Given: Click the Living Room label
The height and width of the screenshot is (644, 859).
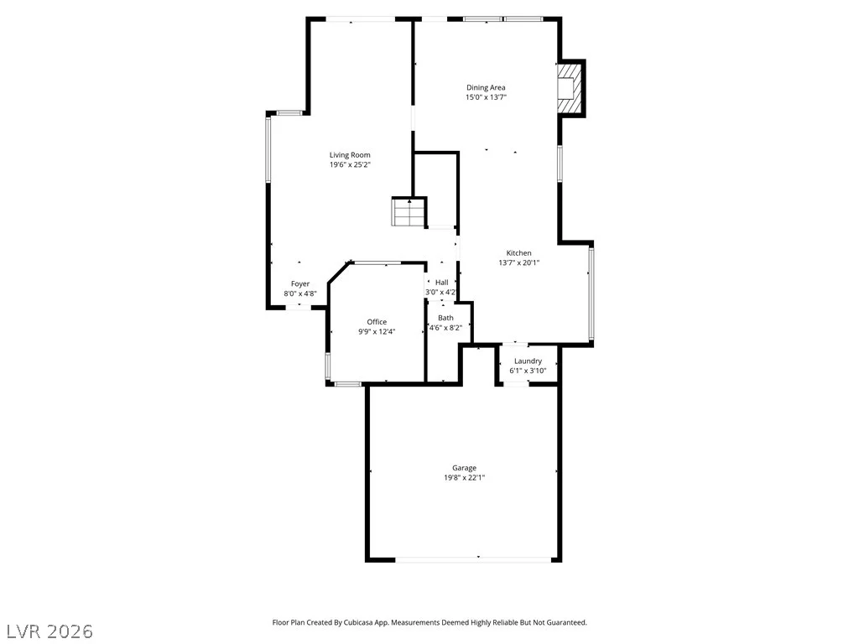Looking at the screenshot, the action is (350, 155).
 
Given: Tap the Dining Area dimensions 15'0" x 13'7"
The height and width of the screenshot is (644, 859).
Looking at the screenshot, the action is (486, 97).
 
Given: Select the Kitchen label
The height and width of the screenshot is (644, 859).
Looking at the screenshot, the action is (518, 253).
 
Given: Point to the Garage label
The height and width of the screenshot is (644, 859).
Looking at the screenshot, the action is (464, 468).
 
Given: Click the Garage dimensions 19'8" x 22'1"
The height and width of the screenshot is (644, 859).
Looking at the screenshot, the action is (465, 477).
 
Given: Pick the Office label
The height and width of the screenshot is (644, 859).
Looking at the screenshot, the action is (377, 322).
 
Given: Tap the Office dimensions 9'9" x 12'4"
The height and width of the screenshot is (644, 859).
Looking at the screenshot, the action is (377, 331).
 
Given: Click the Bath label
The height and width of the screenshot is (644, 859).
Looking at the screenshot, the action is (446, 318).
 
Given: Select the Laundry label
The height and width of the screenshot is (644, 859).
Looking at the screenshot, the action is (528, 361).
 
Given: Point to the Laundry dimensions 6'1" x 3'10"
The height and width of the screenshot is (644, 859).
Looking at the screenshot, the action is (528, 371).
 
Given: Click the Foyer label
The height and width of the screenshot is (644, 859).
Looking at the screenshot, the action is (300, 283).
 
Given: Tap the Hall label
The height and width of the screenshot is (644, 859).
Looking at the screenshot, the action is (441, 283).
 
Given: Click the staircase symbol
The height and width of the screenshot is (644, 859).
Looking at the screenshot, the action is (409, 212).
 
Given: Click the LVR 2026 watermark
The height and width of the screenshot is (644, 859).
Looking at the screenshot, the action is (47, 631).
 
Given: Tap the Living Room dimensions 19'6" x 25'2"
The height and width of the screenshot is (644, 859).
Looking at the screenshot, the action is (351, 164).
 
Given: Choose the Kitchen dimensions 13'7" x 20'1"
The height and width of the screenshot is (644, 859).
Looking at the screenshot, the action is (519, 262).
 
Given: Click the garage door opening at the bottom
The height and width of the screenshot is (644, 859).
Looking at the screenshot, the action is (473, 559).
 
